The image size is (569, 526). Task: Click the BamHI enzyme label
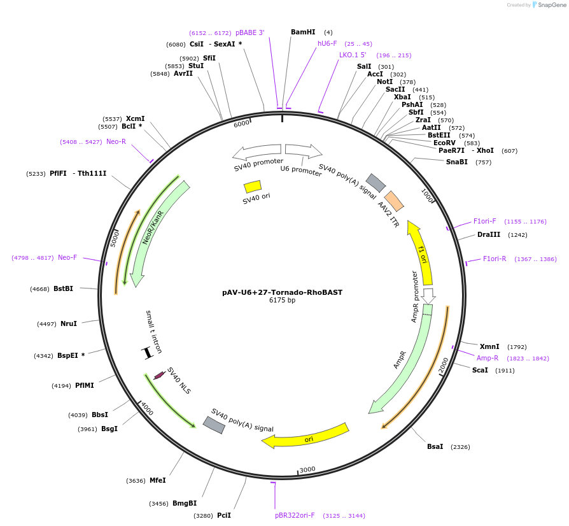coord(303,32)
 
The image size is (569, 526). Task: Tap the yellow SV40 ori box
coord(253,187)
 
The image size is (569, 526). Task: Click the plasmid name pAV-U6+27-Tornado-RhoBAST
coord(283,292)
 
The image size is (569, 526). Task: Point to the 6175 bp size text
coord(283,300)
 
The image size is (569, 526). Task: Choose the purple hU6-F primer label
coord(328,44)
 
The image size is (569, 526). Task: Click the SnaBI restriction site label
coord(457,162)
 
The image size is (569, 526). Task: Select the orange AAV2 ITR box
coord(394,201)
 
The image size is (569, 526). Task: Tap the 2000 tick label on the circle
coord(444,364)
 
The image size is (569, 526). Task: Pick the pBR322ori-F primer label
coord(295,515)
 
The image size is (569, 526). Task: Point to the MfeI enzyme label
coord(157,480)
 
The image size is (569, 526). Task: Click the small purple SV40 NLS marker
coord(159,376)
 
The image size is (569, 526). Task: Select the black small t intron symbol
coord(147,352)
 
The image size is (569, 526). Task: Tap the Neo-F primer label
coord(67,257)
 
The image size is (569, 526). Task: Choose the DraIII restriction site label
coord(489,234)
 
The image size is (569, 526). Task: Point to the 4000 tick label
coord(147,408)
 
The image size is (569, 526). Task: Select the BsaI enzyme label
coord(435,446)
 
